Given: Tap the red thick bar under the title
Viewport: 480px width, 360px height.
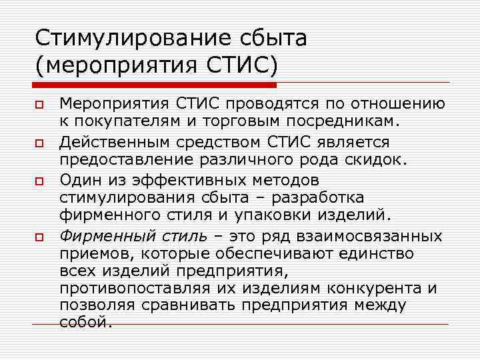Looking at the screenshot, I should click(155, 85).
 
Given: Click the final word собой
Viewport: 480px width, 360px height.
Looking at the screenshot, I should click(83, 323).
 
